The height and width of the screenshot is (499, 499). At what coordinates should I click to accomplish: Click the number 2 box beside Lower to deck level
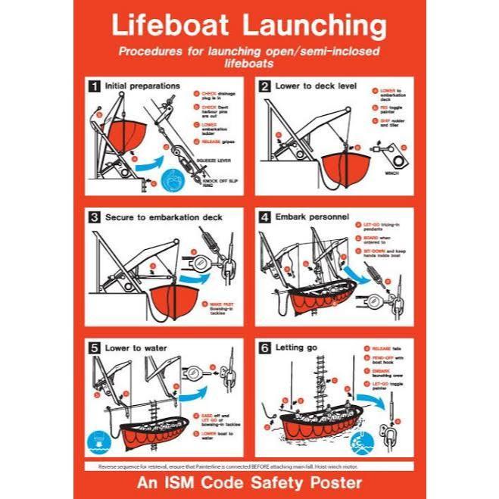coord(265,86)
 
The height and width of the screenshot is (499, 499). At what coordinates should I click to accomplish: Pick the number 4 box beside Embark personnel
coord(265,217)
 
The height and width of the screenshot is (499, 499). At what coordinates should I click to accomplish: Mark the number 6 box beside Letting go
coord(265,348)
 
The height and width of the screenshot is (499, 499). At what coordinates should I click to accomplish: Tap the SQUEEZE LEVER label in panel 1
coord(215,161)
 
